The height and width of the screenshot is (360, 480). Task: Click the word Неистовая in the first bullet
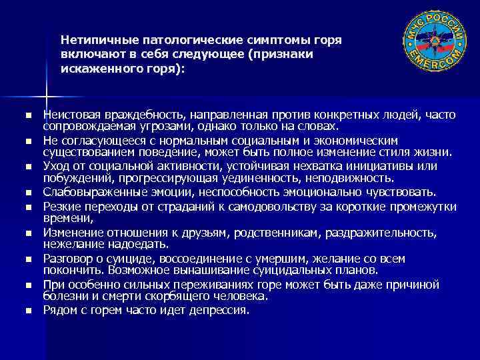tap(69, 116)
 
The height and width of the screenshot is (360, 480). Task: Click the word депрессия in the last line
tap(221, 310)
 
